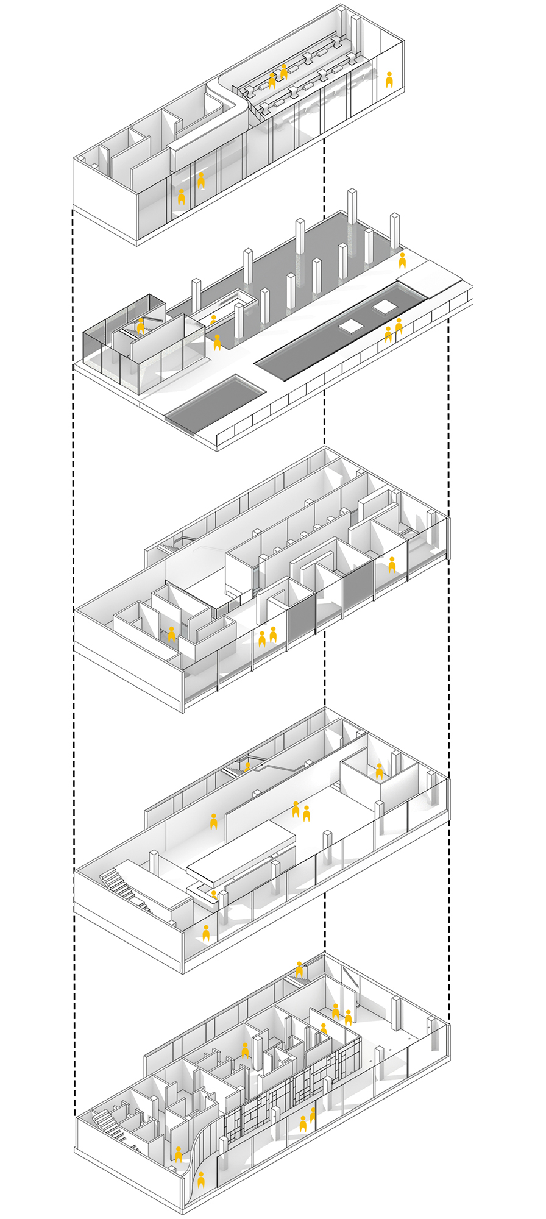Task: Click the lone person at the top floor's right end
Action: [x=389, y=80]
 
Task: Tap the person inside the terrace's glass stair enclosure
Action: [x=141, y=325]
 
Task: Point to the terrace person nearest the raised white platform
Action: [x=402, y=260]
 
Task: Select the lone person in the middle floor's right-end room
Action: [x=392, y=565]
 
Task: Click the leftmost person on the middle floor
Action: [x=172, y=634]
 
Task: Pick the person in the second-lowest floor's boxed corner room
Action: [x=379, y=772]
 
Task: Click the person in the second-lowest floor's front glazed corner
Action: [x=206, y=934]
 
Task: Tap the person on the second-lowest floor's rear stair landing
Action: [x=247, y=766]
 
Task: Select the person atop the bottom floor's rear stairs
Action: [x=299, y=969]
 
